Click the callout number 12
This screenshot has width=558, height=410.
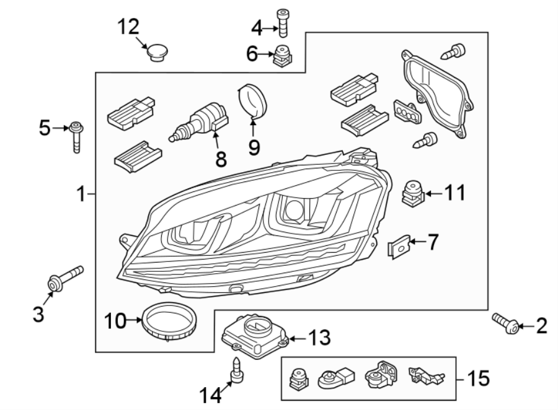(130, 27)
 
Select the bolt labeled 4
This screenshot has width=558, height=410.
(283, 25)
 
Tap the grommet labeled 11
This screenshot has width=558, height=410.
(411, 193)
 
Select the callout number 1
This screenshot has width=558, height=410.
(80, 194)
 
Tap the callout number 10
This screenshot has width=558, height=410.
(115, 320)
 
